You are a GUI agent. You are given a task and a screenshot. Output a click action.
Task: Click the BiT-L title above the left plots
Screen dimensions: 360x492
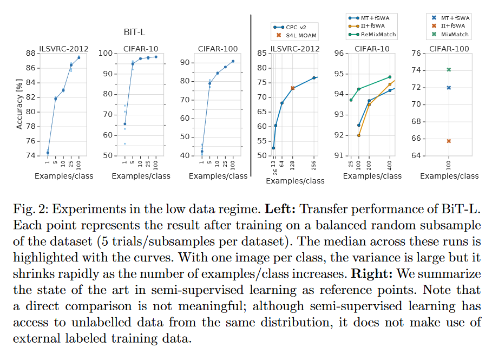pos(134,33)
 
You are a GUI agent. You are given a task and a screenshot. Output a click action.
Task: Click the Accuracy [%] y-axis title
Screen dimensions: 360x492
pos(20,104)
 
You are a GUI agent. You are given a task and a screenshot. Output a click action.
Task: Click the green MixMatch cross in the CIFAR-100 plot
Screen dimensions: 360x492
pos(449,69)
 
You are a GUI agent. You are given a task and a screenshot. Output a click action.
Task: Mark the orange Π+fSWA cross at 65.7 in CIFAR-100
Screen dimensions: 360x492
pos(449,141)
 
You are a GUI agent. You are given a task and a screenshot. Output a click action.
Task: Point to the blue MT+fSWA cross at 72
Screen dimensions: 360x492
pos(449,88)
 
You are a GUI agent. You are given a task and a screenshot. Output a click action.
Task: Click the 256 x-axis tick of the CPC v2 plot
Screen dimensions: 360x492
pos(314,166)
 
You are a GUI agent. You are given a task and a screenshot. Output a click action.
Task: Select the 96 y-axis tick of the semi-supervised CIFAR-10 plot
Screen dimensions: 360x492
pos(339,54)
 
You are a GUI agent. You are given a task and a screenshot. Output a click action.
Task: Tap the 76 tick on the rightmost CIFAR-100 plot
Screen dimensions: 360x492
pos(416,54)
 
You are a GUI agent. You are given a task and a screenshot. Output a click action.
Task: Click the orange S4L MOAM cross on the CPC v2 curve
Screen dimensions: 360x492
pos(293,88)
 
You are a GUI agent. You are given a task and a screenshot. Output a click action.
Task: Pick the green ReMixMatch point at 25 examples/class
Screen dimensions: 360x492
pos(351,100)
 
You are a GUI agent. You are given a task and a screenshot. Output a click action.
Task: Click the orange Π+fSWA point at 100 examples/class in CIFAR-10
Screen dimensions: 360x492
pos(358,135)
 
